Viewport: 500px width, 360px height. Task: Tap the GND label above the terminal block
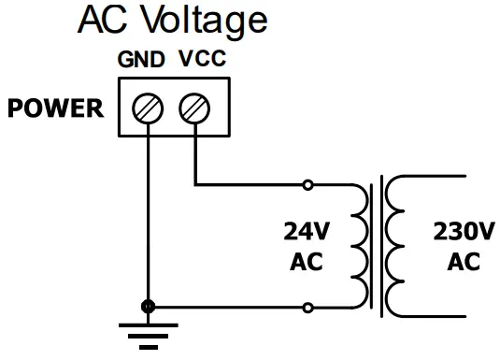tap(141, 60)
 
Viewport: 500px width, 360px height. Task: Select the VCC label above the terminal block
tap(200, 60)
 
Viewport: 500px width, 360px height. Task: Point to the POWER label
tap(55, 108)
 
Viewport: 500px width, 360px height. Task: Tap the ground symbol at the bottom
tap(148, 333)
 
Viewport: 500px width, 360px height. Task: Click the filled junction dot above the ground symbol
tap(148, 307)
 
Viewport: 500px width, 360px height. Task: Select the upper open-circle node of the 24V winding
tap(309, 183)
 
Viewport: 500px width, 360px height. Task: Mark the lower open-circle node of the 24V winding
tap(309, 307)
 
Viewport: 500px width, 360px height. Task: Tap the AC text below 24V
tap(307, 262)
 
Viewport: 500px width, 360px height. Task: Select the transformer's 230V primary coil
tap(396, 245)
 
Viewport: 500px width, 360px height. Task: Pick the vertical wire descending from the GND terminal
tap(148, 215)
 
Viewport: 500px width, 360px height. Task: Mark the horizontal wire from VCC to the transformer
tap(252, 183)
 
